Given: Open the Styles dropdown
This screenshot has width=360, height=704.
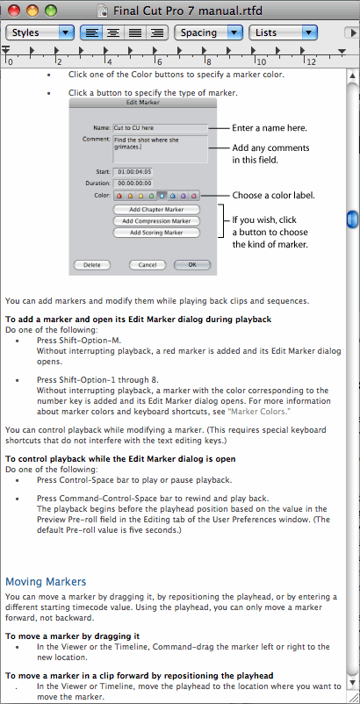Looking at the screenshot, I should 40,32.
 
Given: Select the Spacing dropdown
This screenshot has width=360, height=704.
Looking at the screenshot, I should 208,32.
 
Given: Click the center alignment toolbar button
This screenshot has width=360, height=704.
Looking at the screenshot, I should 114,32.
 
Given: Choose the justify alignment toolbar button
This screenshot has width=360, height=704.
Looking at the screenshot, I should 136,32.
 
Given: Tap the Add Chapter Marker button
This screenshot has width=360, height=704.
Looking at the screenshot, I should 156,211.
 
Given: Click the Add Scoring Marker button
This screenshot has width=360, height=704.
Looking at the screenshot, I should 156,233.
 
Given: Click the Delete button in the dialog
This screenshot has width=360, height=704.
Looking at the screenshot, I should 91,264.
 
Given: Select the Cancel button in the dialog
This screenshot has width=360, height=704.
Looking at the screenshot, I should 147,264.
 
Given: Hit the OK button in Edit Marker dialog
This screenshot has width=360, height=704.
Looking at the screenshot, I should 192,264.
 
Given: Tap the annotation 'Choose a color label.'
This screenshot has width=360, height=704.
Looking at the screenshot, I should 273,195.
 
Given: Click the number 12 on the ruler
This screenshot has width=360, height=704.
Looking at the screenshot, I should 310,62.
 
